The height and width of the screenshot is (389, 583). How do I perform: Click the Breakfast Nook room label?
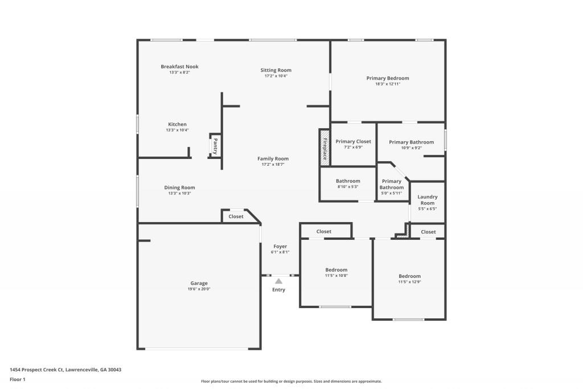pyautogui.click(x=179, y=67)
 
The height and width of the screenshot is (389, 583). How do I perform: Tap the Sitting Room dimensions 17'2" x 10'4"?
pyautogui.click(x=276, y=76)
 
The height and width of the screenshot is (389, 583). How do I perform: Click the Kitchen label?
pyautogui.click(x=177, y=124)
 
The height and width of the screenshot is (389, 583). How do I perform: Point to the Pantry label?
pyautogui.click(x=215, y=146)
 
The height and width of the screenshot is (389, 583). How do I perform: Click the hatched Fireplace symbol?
pyautogui.click(x=324, y=148)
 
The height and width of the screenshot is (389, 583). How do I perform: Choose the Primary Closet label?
pyautogui.click(x=353, y=141)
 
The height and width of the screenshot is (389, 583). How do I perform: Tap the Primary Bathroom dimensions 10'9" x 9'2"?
pyautogui.click(x=411, y=148)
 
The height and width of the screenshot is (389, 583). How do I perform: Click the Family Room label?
pyautogui.click(x=273, y=159)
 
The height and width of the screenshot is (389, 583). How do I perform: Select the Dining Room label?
pyautogui.click(x=179, y=187)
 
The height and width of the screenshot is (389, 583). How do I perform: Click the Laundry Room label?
pyautogui.click(x=427, y=200)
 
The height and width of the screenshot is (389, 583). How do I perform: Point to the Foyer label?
pyautogui.click(x=280, y=247)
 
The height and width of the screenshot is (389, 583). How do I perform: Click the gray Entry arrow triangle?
pyautogui.click(x=278, y=280)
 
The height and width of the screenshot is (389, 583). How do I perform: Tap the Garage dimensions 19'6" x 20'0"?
pyautogui.click(x=199, y=289)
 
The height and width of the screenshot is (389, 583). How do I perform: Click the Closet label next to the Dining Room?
pyautogui.click(x=236, y=216)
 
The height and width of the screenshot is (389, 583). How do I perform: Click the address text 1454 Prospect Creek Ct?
pyautogui.click(x=46, y=370)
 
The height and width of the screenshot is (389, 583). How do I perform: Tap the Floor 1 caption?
pyautogui.click(x=18, y=379)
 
